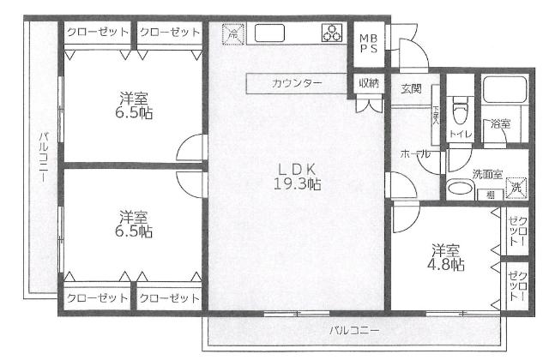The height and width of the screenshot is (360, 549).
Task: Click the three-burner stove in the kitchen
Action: (x=330, y=34)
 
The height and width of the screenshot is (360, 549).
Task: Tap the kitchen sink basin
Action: (x=269, y=34)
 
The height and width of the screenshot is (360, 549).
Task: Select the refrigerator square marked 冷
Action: (x=232, y=34)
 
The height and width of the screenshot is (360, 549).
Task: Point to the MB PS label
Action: (x=368, y=43)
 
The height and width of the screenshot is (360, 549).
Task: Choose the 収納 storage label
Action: (x=369, y=83)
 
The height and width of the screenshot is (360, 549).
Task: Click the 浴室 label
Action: (x=500, y=125)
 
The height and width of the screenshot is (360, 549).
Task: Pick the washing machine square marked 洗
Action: (x=516, y=186)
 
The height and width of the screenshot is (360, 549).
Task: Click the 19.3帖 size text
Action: (x=299, y=183)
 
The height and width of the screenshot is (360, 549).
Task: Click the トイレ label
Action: (x=460, y=135)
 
